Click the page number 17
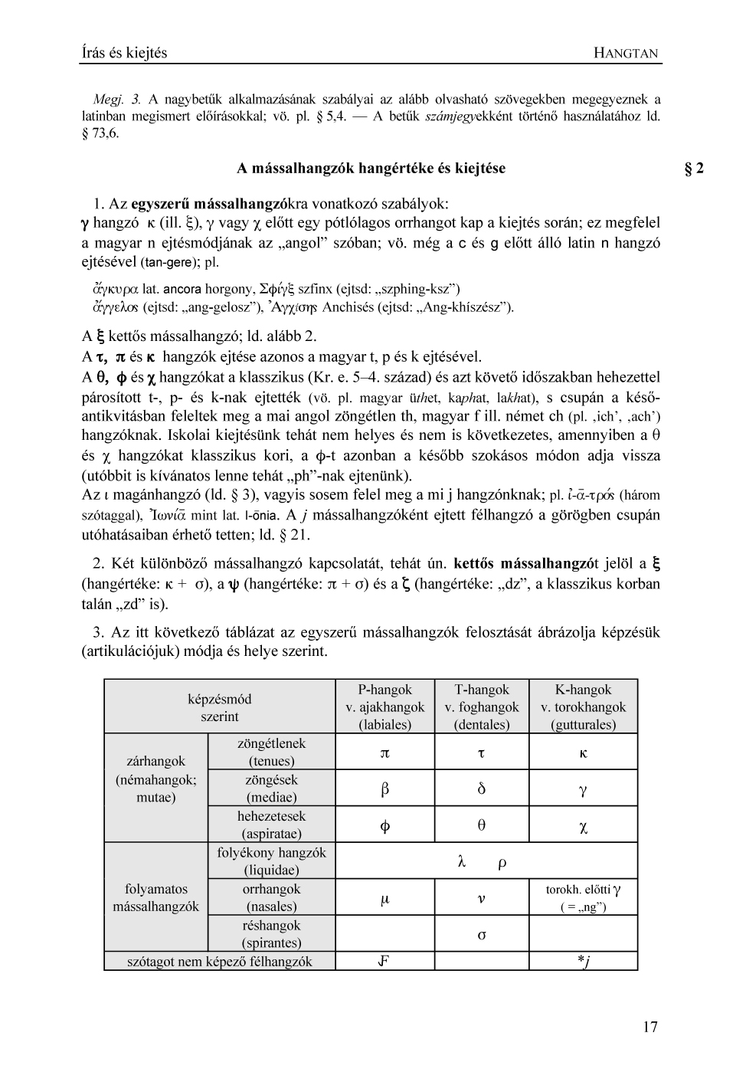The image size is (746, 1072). [649, 1028]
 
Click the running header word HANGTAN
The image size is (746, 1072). [626, 53]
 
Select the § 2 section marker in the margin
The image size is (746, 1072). [693, 169]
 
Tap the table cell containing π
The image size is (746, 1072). [384, 752]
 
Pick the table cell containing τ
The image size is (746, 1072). [481, 752]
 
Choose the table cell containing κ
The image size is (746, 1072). [583, 752]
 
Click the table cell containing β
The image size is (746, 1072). [384, 788]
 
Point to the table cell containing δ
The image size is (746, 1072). [481, 788]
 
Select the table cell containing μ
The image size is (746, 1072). [384, 899]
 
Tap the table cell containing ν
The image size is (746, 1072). [481, 899]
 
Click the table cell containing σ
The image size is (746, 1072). [481, 935]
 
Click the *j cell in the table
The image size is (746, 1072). [583, 962]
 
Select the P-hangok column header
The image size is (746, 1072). [384, 706]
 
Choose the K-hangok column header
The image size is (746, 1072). [583, 706]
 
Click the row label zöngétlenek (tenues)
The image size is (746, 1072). [271, 752]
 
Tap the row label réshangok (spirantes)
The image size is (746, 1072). [271, 934]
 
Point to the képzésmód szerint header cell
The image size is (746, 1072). [219, 707]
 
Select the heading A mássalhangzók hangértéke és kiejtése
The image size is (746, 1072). [371, 169]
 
